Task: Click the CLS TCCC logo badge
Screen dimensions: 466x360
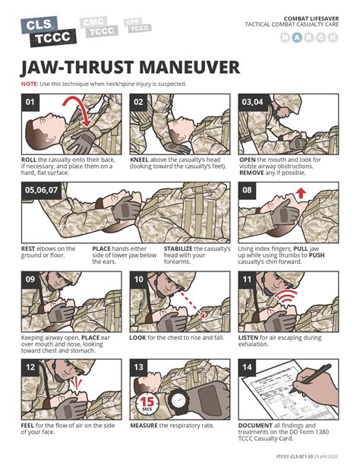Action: (x=45, y=31)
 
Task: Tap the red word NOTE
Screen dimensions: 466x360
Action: (x=29, y=84)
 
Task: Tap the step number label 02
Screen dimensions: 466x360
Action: (x=139, y=101)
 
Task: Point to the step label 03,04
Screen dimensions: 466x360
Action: (x=251, y=101)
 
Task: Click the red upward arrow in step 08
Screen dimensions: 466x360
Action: (x=301, y=197)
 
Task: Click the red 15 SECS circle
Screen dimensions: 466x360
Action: (x=148, y=403)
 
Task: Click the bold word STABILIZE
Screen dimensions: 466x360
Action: (x=183, y=248)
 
